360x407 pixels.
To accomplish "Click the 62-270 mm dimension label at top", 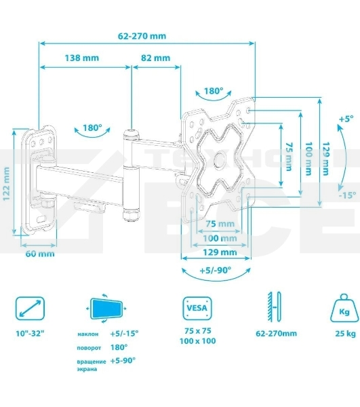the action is pos(142,36).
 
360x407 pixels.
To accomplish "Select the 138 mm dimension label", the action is pos(82,58).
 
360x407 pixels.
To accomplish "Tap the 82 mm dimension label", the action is pos(156,58).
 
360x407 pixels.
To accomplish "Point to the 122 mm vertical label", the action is pos(6,184).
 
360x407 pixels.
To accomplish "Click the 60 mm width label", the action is pos(40,253).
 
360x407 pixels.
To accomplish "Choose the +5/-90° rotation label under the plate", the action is pos(216,270).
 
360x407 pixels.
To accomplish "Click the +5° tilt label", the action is pos(346,119).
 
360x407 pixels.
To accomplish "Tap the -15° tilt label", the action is pos(348,195).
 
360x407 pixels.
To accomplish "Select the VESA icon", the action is pos(197,309).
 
